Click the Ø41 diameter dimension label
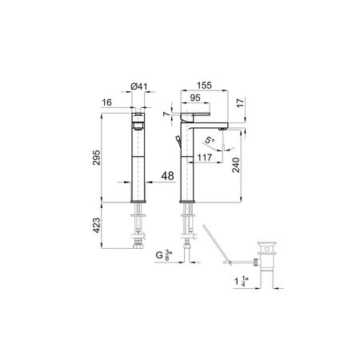(139, 86)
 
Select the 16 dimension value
(106, 102)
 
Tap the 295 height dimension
(97, 158)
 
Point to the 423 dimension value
(97, 226)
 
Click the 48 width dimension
(167, 176)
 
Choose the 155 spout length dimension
(204, 86)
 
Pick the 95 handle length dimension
(195, 98)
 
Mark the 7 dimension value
(166, 114)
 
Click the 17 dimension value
(240, 102)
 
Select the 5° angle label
(210, 140)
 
